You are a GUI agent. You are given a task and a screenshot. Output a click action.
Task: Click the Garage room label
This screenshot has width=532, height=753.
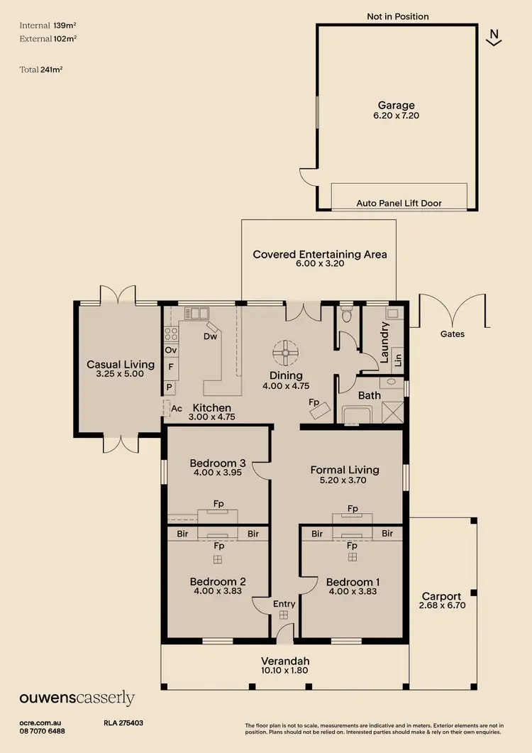coord(396,105)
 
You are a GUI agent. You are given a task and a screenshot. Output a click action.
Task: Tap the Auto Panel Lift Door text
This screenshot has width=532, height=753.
coord(399,203)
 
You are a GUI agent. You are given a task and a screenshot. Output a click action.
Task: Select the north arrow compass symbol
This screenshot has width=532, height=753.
coord(494,37)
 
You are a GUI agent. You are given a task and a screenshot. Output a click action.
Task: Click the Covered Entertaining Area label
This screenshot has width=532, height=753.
coord(320,254)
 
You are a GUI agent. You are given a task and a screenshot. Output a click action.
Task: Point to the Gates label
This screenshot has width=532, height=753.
coord(452,334)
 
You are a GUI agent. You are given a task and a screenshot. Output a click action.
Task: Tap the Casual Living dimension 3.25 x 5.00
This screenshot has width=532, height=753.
coord(120,373)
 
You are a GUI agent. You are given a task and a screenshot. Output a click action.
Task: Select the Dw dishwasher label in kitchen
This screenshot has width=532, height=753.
coord(210,336)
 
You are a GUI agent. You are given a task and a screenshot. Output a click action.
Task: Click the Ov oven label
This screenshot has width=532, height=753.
coord(170,351)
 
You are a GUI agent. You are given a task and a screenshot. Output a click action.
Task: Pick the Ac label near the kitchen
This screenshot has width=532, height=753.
coord(176,410)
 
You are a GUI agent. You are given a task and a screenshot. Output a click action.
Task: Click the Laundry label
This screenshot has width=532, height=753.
coord(385,343)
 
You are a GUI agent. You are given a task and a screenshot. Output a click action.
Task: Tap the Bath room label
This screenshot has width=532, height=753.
coord(369,395)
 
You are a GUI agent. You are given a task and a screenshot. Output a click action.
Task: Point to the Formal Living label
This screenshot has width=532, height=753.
coord(345,469)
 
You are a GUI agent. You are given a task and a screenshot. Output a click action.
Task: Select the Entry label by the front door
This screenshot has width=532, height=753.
coord(284,604)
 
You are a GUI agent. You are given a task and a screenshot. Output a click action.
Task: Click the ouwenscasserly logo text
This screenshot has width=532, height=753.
coord(77,698)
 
